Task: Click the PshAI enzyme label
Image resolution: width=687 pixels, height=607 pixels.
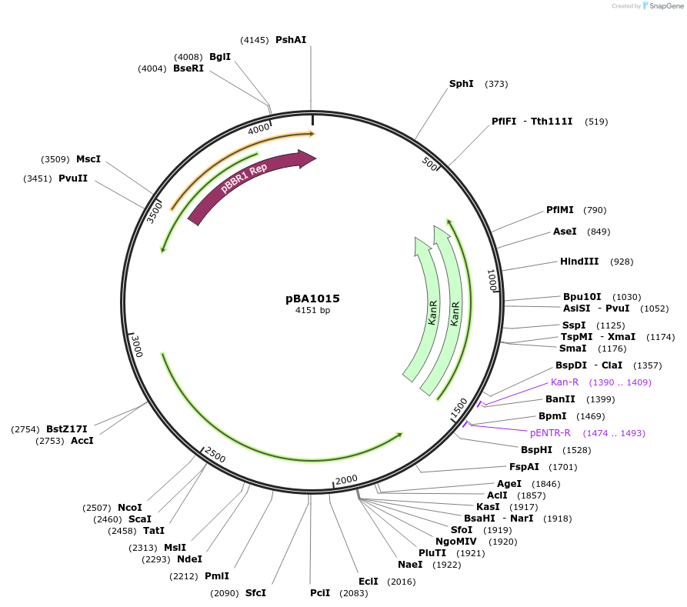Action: tap(291, 40)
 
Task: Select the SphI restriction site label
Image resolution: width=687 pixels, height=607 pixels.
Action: tap(462, 84)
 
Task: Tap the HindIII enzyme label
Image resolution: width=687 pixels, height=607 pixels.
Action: tap(579, 262)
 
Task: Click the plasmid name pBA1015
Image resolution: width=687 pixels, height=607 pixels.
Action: tap(312, 298)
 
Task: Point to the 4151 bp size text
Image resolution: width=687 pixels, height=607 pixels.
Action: tap(312, 311)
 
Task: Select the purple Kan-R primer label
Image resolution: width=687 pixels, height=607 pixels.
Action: tap(565, 382)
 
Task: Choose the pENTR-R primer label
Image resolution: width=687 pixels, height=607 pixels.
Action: tap(550, 433)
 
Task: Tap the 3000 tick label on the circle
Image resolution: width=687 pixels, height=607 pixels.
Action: tap(137, 347)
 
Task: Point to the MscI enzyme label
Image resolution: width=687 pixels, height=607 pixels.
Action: tap(88, 159)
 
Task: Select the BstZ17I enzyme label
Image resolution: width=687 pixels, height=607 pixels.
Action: tap(67, 429)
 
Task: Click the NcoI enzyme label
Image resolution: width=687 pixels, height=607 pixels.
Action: tap(130, 508)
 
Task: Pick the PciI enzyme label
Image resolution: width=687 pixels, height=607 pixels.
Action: tap(320, 593)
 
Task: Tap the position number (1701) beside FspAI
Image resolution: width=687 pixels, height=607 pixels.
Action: tap(562, 467)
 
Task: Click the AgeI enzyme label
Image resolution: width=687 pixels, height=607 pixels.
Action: tap(509, 484)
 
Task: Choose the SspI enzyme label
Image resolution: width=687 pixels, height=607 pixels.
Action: tap(574, 325)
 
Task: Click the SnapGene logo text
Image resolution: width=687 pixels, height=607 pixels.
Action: tap(666, 6)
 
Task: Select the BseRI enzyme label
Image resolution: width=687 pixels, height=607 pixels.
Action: tap(188, 68)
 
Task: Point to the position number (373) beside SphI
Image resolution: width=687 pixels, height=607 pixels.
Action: tap(496, 84)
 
